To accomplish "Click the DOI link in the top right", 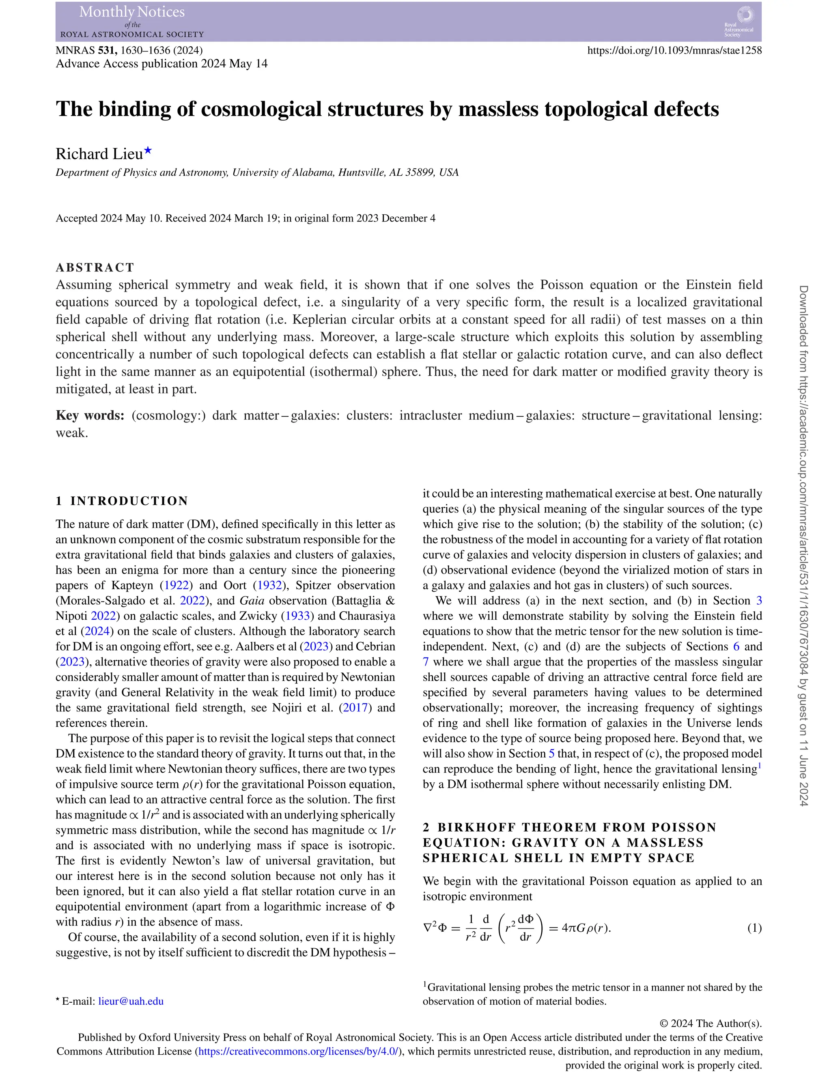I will point(674,50).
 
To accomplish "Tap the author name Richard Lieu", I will point(99,154).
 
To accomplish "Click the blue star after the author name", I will point(148,151).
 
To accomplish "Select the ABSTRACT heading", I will point(95,267).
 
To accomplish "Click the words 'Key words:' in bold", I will point(90,415).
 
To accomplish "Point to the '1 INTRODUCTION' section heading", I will point(122,501).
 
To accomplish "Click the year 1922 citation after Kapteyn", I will point(177,586).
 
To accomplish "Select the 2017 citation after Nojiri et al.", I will point(355,708).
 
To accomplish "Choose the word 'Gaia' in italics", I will point(252,601).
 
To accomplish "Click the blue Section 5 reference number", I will point(551,754).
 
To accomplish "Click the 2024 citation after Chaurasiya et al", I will point(97,631).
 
